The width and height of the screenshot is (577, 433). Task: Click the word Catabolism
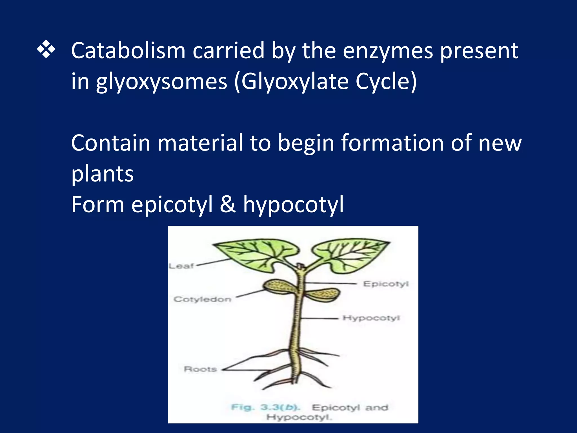click(128, 51)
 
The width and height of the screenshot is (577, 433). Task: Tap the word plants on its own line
click(102, 174)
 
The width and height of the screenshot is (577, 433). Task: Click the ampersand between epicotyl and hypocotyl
click(228, 204)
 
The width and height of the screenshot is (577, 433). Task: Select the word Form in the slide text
click(98, 204)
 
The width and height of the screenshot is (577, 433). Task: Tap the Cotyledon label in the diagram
click(202, 299)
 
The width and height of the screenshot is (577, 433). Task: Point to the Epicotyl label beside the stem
click(386, 284)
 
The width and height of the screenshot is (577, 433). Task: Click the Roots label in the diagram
click(200, 369)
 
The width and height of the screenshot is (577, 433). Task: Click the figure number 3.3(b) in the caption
click(280, 407)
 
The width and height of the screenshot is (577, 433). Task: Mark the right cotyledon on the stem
click(323, 295)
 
